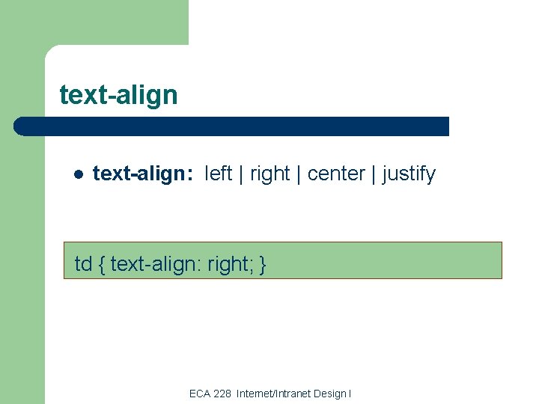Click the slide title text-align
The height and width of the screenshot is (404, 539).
pos(118,95)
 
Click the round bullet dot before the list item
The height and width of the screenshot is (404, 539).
pos(77,175)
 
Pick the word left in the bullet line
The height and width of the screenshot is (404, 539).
pos(218,174)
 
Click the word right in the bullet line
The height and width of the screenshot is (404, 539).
pos(269,174)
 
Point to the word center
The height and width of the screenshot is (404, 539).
pos(336,174)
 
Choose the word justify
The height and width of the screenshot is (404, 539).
pos(409,174)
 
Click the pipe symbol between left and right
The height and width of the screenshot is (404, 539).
pos(241,174)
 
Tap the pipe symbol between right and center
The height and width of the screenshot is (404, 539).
pos(299,174)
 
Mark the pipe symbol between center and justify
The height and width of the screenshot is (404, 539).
pos(374,174)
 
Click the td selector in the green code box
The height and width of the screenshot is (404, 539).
pos(83,264)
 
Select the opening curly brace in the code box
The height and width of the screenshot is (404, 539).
pos(101,264)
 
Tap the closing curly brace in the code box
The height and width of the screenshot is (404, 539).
pos(263,264)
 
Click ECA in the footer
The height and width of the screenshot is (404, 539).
pos(200,394)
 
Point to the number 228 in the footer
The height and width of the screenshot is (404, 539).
pos(222,394)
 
